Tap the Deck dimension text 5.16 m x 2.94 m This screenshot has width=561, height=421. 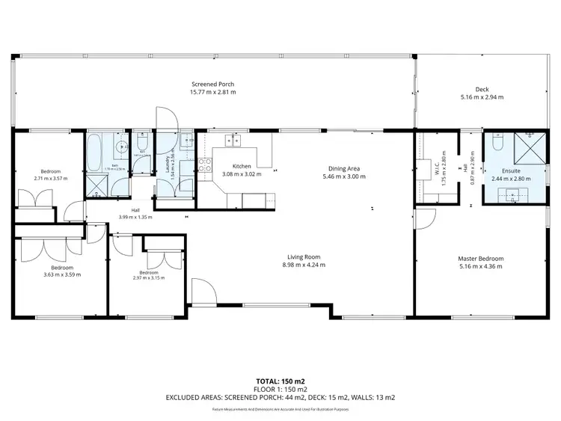tap(482, 97)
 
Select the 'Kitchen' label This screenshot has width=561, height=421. tap(242, 166)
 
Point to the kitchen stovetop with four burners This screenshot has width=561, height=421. tap(204, 165)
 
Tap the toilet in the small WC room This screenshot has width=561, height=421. tap(142, 141)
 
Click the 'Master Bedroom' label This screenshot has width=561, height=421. tap(481, 259)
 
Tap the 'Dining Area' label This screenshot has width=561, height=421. tap(343, 169)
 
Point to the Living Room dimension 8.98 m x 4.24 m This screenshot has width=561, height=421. tap(303, 265)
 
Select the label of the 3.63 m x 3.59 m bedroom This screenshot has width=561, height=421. tap(61, 267)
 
